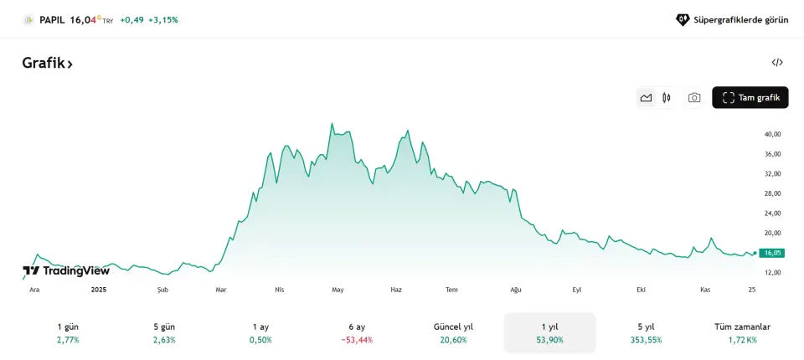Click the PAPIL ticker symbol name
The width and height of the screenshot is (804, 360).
(x=52, y=19)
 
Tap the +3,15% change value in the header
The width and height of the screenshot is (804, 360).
(x=163, y=19)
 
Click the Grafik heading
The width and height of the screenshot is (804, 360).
(x=47, y=63)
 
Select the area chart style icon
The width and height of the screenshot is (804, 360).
(x=646, y=98)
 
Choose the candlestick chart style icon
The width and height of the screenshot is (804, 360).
(x=667, y=98)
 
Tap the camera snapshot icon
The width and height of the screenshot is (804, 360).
(x=694, y=98)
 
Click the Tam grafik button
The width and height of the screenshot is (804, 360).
(x=750, y=98)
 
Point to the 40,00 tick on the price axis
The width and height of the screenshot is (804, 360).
(x=772, y=134)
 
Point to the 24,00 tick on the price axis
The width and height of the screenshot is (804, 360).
(x=772, y=213)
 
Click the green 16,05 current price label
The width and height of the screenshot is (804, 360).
(x=771, y=253)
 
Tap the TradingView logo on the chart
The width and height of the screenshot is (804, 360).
(x=66, y=270)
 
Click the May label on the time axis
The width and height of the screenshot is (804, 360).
(x=338, y=290)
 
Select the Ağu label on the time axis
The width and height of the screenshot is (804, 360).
(x=516, y=290)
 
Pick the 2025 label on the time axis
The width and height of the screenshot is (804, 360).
(x=99, y=290)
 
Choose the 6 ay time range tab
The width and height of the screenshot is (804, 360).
(x=357, y=333)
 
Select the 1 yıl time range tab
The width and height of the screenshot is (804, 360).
(x=549, y=333)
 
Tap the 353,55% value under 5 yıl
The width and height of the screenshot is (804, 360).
(x=646, y=340)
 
